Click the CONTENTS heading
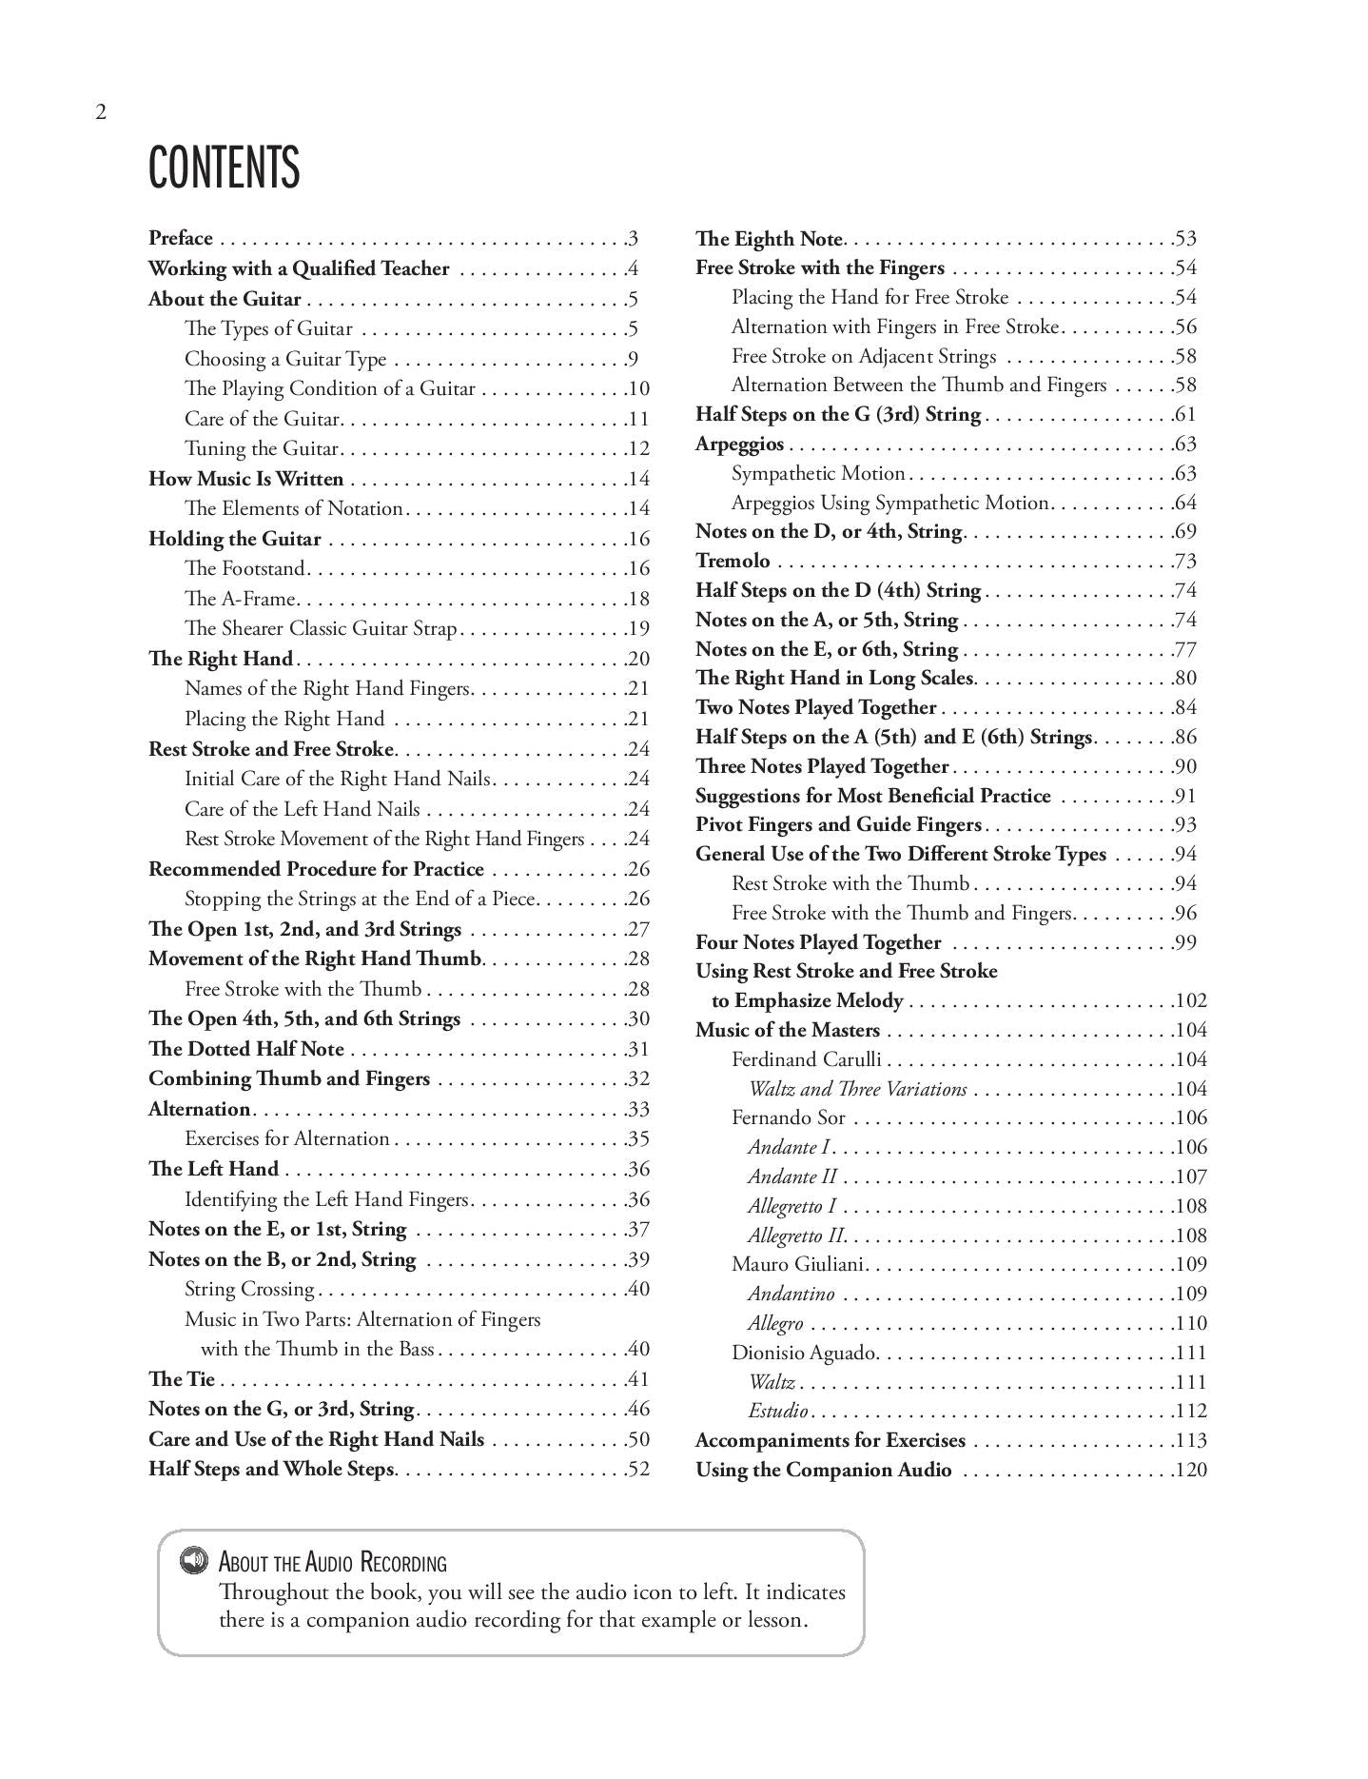pos(224,168)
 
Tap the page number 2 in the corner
pos(101,112)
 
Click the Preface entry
pos(181,238)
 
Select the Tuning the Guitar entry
pos(262,448)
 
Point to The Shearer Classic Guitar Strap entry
pos(321,628)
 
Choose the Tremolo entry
pos(733,561)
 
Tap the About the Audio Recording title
pos(332,1562)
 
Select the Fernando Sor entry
pos(788,1117)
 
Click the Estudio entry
pos(778,1411)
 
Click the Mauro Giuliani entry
pos(797,1264)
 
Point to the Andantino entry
pos(791,1294)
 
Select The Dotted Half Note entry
pos(246,1049)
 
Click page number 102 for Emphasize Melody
pos(1190,1000)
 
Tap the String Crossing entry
pos(249,1289)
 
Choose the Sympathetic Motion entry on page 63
pos(818,473)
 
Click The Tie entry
pos(182,1379)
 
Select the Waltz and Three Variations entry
pos(857,1089)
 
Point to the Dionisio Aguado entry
pos(805,1353)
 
